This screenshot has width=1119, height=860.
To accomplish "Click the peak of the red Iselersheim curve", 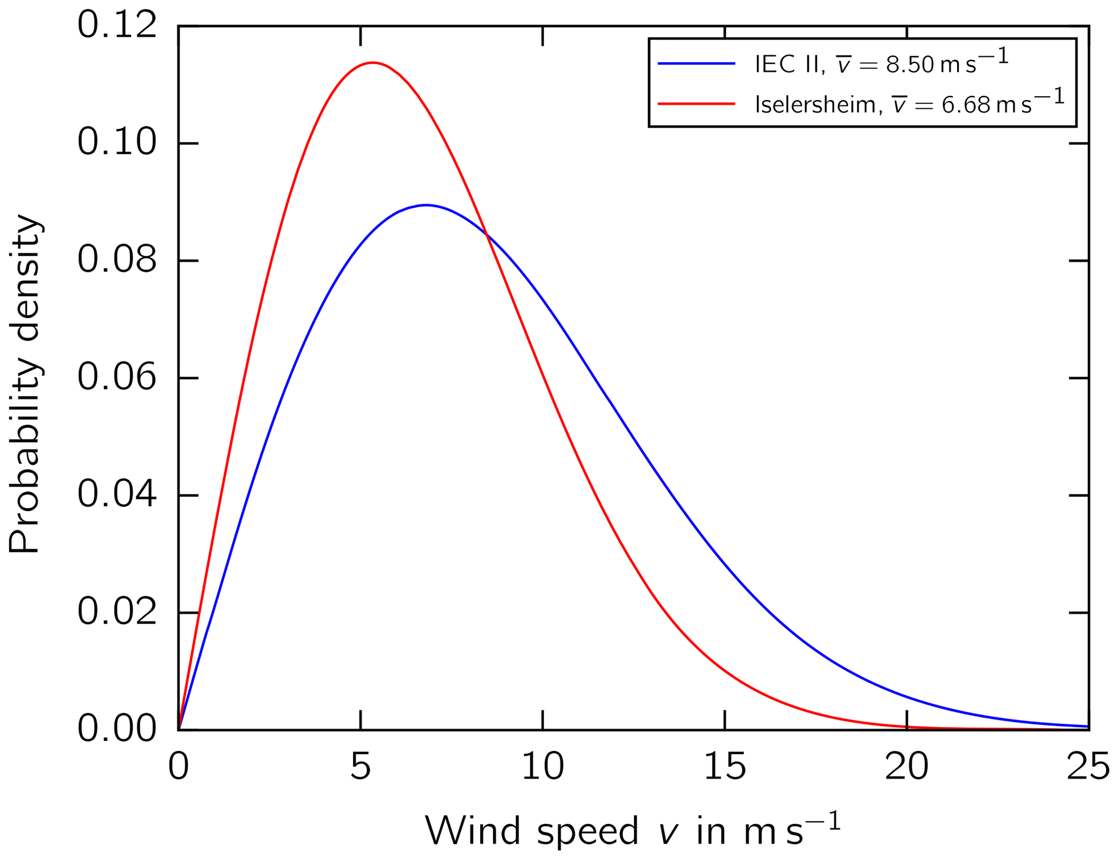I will (372, 63).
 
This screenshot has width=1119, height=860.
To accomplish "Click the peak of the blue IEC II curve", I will (426, 205).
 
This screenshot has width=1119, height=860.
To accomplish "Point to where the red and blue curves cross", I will (486, 235).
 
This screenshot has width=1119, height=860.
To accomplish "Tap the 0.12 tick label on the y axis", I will (117, 25).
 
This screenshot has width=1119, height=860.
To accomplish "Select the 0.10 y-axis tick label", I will (117, 143).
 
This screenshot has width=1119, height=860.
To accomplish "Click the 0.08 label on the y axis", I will (117, 260).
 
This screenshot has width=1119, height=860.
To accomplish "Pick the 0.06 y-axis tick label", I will (117, 378).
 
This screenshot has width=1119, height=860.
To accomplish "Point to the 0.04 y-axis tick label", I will (117, 495).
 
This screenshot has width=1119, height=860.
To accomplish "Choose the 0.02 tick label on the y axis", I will (117, 612).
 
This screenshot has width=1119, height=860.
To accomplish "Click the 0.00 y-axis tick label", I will (117, 729).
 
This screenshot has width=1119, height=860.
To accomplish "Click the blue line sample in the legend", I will (696, 64).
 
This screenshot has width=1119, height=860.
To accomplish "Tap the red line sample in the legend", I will (696, 103).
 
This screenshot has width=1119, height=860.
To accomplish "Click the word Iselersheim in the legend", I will (815, 104).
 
